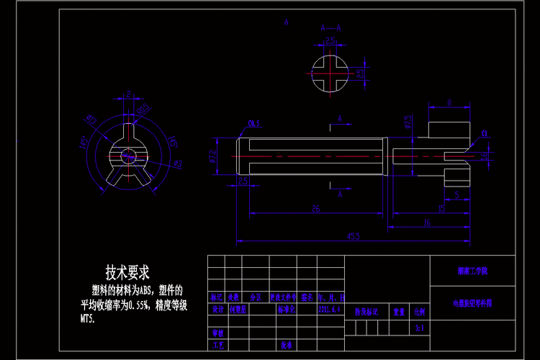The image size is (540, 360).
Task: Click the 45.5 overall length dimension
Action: click(x=353, y=235)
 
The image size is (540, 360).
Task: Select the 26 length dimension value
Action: click(x=315, y=209)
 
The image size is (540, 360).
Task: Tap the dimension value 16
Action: click(x=427, y=223)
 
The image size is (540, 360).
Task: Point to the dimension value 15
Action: click(x=441, y=209)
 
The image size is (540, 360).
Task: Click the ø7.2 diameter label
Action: click(x=213, y=156)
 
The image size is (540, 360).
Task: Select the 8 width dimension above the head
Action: click(x=449, y=103)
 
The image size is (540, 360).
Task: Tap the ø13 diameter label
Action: click(x=91, y=119)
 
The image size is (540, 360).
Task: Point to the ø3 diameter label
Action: click(x=178, y=164)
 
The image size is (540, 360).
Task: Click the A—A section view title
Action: click(x=330, y=28)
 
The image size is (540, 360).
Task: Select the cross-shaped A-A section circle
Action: click(x=330, y=73)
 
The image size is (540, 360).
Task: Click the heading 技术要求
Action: click(x=127, y=273)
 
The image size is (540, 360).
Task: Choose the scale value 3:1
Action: click(x=419, y=328)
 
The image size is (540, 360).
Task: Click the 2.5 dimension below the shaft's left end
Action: click(x=243, y=181)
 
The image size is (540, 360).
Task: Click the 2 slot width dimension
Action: click(x=128, y=94)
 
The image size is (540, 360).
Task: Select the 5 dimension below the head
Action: click(x=456, y=195)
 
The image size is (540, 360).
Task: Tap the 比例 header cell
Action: click(x=419, y=312)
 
